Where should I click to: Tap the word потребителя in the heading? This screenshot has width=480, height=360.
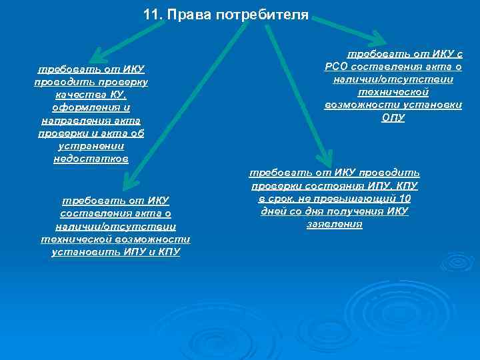(263, 14)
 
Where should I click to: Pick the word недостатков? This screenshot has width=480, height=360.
(91, 159)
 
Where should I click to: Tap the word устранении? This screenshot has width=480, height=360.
(91, 146)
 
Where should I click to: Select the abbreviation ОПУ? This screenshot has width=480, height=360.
(393, 118)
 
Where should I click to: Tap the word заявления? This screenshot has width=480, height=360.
(334, 224)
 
